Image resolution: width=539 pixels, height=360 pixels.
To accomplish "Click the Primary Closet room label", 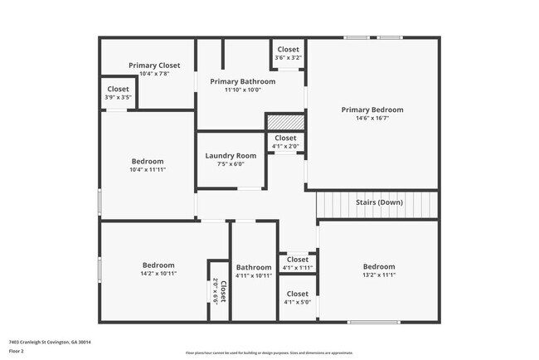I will coord(154,65).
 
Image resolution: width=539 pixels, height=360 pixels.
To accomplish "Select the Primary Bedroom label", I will coord(372,109).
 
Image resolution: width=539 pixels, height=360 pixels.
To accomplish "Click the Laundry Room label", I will coord(231,155).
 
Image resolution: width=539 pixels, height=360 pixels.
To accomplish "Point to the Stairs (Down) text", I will coord(380,202).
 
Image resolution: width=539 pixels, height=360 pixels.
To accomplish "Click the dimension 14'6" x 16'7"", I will coord(372,119).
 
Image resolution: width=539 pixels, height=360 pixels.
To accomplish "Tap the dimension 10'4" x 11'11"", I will coord(148,169).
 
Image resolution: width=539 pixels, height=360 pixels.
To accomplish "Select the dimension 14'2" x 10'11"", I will coord(158,273).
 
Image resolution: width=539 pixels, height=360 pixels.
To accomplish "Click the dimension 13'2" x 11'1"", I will coord(379,275).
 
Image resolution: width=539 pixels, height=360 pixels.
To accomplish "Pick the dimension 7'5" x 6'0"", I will coord(231,163).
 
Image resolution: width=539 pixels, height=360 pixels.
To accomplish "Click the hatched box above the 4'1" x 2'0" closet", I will coord(285,122).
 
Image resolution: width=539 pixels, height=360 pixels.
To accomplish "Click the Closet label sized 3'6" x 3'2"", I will coord(289,50).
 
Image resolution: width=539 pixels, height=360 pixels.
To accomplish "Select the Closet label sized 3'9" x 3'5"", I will coord(118,89).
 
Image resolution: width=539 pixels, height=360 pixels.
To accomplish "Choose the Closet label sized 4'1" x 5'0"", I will coord(297,294).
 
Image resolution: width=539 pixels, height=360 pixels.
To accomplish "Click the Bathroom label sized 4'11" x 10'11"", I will coord(253,267).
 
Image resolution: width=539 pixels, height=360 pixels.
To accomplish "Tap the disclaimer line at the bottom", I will coord(269,353).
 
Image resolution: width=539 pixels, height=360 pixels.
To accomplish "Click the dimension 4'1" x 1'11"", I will coord(297,268).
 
